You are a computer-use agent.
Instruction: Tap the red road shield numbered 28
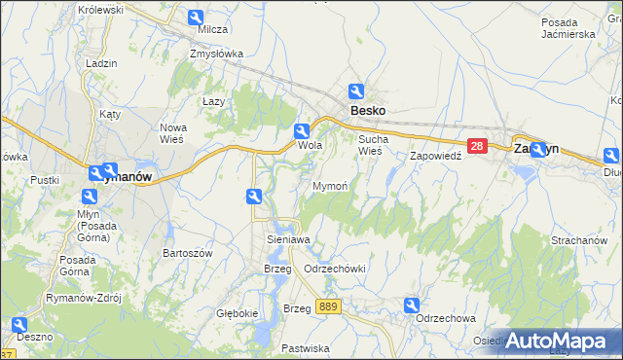(x=477, y=146)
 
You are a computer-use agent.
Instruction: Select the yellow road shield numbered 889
(x=328, y=306)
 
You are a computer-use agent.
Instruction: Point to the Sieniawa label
(x=288, y=238)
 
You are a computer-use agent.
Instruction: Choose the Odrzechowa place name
(x=445, y=318)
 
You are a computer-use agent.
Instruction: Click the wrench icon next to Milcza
(x=195, y=18)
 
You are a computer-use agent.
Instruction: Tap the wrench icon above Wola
(x=302, y=131)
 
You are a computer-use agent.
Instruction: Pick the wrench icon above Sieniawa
(x=254, y=198)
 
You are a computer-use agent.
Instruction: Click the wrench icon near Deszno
(x=18, y=324)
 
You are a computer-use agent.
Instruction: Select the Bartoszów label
(x=182, y=252)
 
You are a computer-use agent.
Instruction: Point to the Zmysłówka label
(x=216, y=54)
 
